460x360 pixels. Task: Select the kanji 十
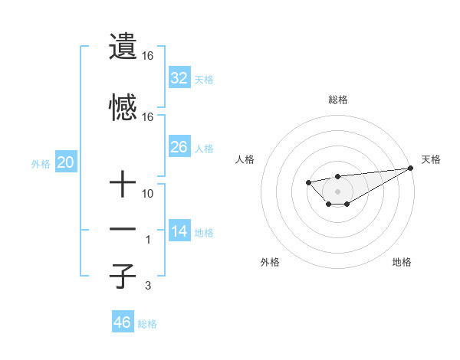click(x=123, y=185)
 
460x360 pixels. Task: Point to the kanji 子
click(x=123, y=277)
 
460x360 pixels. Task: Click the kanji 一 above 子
click(x=123, y=230)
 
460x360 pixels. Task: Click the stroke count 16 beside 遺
click(x=148, y=56)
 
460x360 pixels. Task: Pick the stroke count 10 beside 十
click(x=148, y=194)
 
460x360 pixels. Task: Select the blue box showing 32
click(x=179, y=77)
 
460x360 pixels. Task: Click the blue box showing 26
click(x=179, y=146)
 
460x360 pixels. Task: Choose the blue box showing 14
click(x=179, y=231)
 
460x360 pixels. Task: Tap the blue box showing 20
click(x=65, y=162)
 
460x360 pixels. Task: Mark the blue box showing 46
click(x=122, y=322)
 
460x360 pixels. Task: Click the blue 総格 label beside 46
click(x=147, y=323)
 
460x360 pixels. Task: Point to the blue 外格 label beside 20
click(x=41, y=164)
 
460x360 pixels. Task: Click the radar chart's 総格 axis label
click(x=337, y=100)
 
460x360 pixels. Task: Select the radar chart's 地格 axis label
click(x=402, y=262)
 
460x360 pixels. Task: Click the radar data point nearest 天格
click(x=411, y=168)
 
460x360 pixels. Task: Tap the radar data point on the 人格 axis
click(x=308, y=182)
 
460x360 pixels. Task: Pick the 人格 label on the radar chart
click(x=245, y=159)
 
